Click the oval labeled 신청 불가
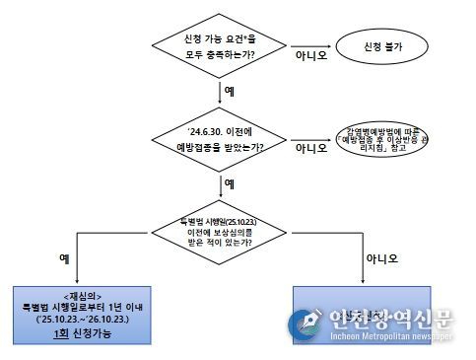point(385,44)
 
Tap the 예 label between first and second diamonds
point(229,89)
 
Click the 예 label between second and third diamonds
point(229,183)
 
